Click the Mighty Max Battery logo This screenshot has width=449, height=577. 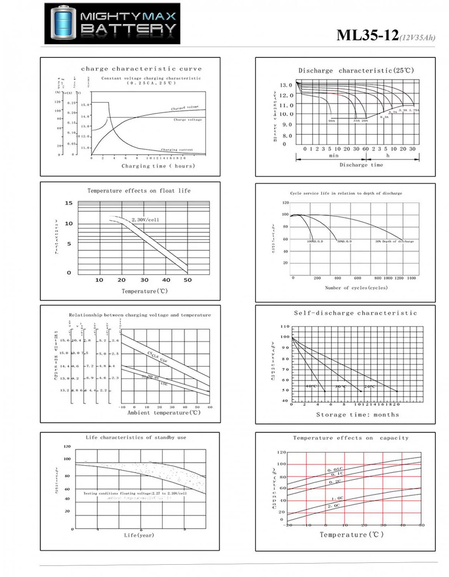112,23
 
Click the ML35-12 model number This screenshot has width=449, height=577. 368,35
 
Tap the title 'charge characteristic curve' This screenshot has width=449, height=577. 141,69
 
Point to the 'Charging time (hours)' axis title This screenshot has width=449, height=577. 158,166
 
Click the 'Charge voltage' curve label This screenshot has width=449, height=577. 187,120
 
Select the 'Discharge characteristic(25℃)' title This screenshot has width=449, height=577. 356,70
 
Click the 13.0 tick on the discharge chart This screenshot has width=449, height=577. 286,85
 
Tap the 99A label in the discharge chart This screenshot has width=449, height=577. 331,121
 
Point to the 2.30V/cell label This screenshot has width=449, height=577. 145,220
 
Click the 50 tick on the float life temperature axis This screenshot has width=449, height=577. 188,280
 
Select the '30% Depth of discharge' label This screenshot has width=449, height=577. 394,242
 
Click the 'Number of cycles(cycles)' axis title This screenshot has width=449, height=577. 356,288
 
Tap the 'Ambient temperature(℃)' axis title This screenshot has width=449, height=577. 164,413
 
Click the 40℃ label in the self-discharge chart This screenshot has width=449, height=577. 311,386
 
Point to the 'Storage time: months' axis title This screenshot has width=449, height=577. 358,415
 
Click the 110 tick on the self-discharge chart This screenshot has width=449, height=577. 285,327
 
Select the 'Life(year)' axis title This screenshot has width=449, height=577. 139,535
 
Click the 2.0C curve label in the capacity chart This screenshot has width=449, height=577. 334,506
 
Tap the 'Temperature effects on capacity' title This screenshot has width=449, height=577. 351,438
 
